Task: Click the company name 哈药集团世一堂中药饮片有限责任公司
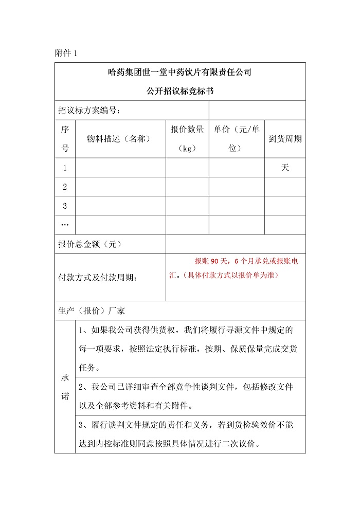(x=180, y=72)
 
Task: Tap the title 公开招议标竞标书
(x=180, y=92)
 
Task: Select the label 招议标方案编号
(x=89, y=110)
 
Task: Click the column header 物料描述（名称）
(x=120, y=139)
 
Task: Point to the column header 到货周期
(x=285, y=139)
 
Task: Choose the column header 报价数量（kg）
(x=187, y=139)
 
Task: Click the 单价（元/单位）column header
(x=237, y=139)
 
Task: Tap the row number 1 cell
(x=65, y=168)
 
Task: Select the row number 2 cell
(x=65, y=187)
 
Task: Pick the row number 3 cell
(x=65, y=206)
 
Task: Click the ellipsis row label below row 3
(x=65, y=225)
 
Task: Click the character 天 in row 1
(x=285, y=168)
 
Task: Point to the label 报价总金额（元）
(x=91, y=244)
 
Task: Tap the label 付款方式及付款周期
(x=98, y=278)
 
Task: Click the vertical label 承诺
(x=65, y=387)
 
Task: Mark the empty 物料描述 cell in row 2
(x=120, y=187)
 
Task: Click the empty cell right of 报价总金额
(x=236, y=244)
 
